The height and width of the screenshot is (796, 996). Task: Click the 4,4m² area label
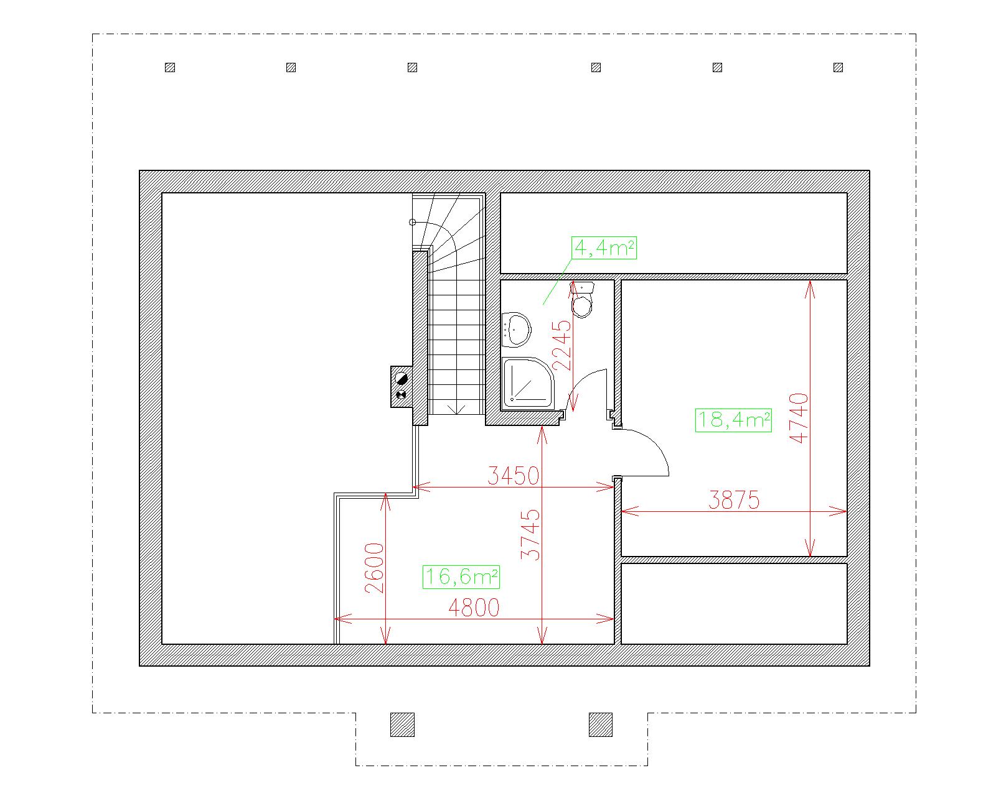pyautogui.click(x=604, y=248)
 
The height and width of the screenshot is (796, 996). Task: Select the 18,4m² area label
pyautogui.click(x=733, y=420)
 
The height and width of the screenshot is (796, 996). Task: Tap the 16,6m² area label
pyautogui.click(x=461, y=576)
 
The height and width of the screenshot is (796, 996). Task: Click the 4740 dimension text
pyautogui.click(x=799, y=419)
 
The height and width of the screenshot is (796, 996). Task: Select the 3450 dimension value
pyautogui.click(x=514, y=476)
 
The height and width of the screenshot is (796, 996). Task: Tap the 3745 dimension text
pyautogui.click(x=530, y=535)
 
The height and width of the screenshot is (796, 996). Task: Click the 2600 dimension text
pyautogui.click(x=374, y=568)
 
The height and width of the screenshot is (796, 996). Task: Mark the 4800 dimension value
pyautogui.click(x=474, y=608)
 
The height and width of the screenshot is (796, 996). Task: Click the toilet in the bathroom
pyautogui.click(x=582, y=300)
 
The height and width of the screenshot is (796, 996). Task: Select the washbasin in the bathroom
pyautogui.click(x=516, y=330)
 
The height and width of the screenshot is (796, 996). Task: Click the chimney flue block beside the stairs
pyautogui.click(x=401, y=387)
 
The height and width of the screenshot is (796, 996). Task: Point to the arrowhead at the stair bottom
pyautogui.click(x=457, y=409)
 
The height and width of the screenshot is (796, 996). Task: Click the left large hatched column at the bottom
pyautogui.click(x=402, y=724)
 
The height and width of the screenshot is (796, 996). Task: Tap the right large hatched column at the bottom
pyautogui.click(x=601, y=724)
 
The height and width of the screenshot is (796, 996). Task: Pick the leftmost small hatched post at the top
pyautogui.click(x=170, y=68)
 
